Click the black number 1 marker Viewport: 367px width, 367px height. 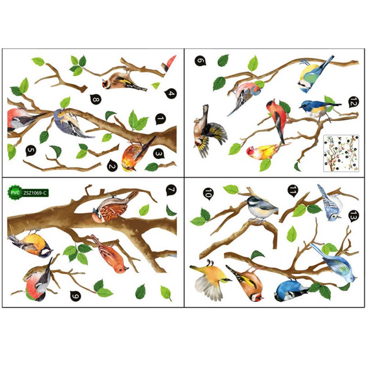point(160,119)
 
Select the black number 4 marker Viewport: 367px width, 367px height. point(171,94)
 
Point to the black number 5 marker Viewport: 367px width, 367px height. point(31,151)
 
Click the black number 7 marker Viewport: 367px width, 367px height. point(171,190)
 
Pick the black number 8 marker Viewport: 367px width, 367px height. point(95,99)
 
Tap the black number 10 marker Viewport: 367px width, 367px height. point(208,194)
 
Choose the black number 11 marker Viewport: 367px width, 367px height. point(293,190)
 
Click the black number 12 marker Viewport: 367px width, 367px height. point(353,102)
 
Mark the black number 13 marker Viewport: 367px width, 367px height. point(354,216)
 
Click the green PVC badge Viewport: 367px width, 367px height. point(15,193)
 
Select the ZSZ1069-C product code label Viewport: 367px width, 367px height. point(35,193)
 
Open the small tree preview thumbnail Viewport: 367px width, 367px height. point(341,154)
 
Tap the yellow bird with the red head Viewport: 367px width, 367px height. point(262,152)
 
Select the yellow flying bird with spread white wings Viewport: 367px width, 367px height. point(211,280)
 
